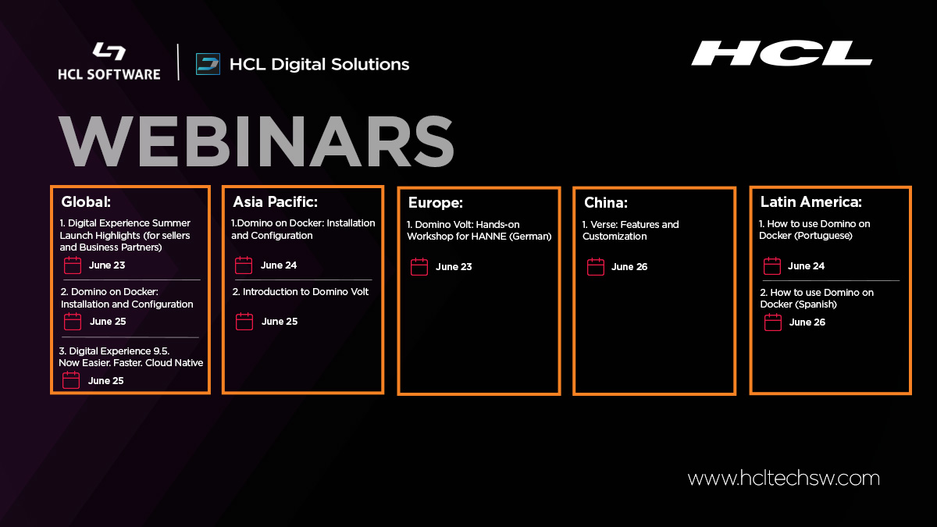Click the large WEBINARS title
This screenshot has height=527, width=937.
click(256, 142)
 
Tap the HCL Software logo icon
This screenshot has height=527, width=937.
click(109, 52)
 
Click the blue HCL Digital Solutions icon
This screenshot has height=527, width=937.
click(208, 64)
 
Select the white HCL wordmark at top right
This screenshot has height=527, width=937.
click(781, 53)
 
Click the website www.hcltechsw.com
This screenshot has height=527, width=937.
click(783, 478)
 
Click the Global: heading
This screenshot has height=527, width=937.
click(87, 202)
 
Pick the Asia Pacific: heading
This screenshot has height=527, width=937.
click(275, 202)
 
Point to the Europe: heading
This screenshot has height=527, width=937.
click(436, 203)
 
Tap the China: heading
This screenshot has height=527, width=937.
click(606, 203)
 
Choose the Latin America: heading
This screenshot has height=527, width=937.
click(811, 202)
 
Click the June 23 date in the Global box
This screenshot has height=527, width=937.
click(107, 265)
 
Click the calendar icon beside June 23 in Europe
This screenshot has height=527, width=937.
click(419, 267)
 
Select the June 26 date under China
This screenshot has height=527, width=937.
click(629, 267)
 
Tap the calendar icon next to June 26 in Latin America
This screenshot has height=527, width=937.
click(773, 322)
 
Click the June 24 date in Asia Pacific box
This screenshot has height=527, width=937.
click(279, 265)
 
